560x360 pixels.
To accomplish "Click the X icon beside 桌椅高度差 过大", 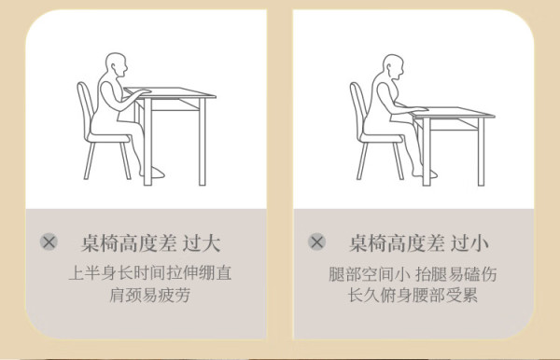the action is pyautogui.click(x=49, y=242).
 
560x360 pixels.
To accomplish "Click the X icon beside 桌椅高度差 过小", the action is pyautogui.click(x=316, y=242).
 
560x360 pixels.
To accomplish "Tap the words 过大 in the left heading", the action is pyautogui.click(x=202, y=243).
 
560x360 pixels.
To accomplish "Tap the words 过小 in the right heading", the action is pyautogui.click(x=469, y=243).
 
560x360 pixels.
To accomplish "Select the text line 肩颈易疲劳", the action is pyautogui.click(x=149, y=295).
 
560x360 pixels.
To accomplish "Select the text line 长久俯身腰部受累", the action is pyautogui.click(x=413, y=295).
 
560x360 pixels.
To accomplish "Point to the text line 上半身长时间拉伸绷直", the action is pyautogui.click(x=150, y=273).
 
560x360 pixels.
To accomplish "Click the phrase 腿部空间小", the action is pyautogui.click(x=370, y=274).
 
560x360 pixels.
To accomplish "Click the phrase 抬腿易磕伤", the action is pyautogui.click(x=456, y=274).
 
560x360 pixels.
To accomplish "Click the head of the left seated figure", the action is pyautogui.click(x=117, y=65).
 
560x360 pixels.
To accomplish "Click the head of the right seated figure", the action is pyautogui.click(x=393, y=66).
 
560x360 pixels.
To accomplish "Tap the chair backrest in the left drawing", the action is pyautogui.click(x=86, y=107).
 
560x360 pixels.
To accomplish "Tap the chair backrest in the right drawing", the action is pyautogui.click(x=358, y=107).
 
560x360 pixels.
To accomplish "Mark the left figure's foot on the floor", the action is pyautogui.click(x=154, y=173).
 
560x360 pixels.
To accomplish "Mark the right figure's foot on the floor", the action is pyautogui.click(x=426, y=173).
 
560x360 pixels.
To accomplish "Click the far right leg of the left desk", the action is pyautogui.click(x=203, y=142).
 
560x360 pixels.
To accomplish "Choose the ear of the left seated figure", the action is pyautogui.click(x=114, y=67).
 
